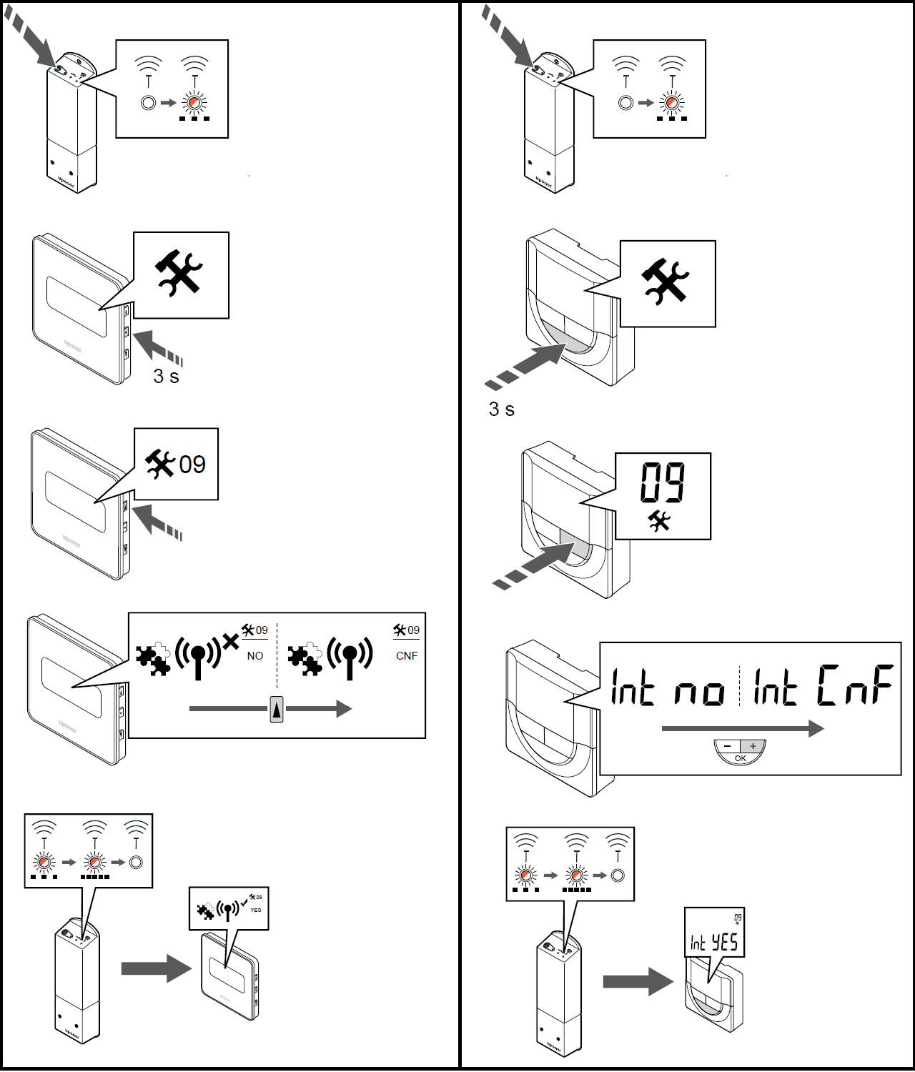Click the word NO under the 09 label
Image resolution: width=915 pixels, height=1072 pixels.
[255, 656]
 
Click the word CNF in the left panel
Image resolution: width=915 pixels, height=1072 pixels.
[407, 656]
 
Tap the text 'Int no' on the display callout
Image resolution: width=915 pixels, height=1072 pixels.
[667, 688]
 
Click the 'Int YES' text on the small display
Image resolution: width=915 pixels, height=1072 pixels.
[714, 943]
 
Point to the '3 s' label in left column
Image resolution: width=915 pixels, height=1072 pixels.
[166, 377]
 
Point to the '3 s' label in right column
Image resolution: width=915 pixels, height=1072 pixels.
[501, 410]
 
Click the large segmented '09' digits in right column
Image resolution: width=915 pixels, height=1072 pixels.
[663, 482]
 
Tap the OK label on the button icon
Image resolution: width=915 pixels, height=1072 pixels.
[741, 758]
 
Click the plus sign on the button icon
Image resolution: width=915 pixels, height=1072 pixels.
[753, 746]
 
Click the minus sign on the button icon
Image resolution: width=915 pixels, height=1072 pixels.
[728, 746]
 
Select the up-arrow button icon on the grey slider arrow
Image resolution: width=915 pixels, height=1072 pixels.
[277, 710]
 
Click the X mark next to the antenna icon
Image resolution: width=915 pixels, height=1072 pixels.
[230, 642]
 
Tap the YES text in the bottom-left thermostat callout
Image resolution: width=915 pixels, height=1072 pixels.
[256, 910]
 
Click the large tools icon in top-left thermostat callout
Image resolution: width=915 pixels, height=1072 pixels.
[179, 272]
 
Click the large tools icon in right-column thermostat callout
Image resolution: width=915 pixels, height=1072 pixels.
[666, 281]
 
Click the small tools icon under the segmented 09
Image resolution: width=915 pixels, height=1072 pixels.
[659, 521]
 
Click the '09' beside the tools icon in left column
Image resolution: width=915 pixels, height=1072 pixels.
[192, 465]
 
